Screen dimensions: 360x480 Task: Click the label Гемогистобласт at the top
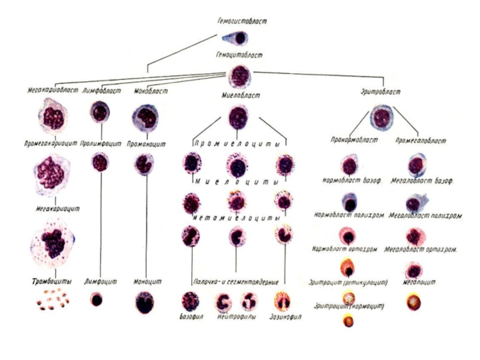click(242, 22)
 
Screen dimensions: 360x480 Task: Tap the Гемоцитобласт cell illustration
click(240, 77)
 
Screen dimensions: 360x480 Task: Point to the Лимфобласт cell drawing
click(99, 112)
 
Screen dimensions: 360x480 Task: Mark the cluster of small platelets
click(52, 299)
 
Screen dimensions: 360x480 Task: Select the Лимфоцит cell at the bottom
click(96, 299)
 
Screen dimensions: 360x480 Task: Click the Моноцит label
click(145, 281)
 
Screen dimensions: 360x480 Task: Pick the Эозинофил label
click(286, 316)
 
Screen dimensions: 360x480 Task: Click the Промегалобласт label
click(421, 141)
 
